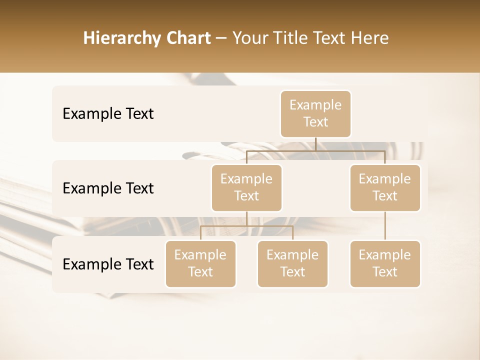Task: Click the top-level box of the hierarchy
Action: point(315,113)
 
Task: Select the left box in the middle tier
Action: point(246,187)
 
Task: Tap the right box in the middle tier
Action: point(385,187)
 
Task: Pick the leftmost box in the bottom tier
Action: point(200,263)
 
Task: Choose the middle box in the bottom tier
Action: point(292,263)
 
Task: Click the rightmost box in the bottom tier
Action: point(385,263)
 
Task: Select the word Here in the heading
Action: point(370,38)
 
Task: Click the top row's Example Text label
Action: point(108,114)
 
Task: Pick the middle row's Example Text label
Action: point(108,188)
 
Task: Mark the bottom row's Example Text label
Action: point(108,264)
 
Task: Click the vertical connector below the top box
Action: point(315,144)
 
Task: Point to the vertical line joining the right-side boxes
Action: point(385,226)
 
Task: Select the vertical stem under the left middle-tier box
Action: point(246,219)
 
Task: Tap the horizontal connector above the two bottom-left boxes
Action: point(246,226)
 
